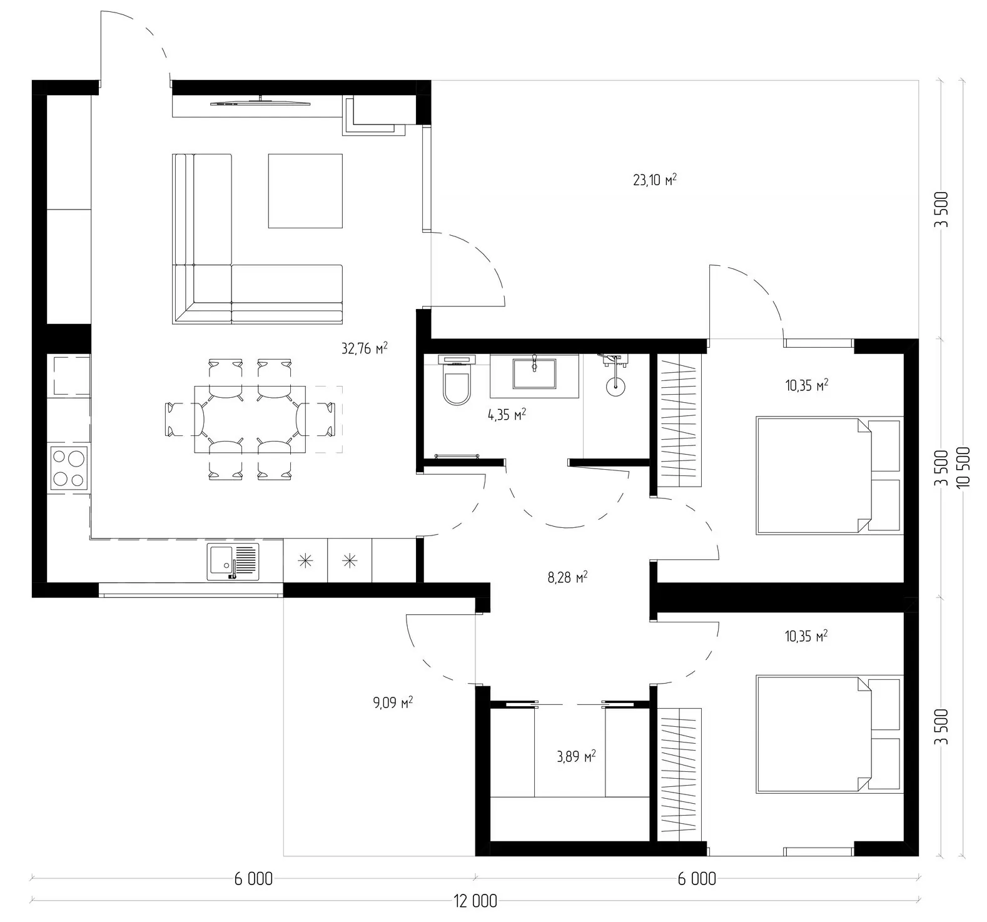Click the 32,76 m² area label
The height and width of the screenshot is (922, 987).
point(364,348)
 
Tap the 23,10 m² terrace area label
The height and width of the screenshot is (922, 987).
point(655,180)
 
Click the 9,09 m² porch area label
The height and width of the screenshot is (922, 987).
point(393,703)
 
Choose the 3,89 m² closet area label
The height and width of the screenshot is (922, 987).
point(576,757)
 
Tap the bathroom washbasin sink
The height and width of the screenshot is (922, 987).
point(534,373)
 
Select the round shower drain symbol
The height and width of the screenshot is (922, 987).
point(615,386)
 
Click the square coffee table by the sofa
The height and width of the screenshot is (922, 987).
point(306,191)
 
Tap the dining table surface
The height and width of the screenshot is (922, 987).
point(250,419)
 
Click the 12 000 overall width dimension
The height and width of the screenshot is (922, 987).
point(475,901)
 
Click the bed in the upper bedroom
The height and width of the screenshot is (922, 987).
point(829,475)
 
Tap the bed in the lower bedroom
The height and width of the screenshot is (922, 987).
point(829,734)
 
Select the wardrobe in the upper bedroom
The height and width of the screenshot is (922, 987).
point(680,420)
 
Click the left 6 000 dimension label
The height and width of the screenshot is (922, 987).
point(253,879)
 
